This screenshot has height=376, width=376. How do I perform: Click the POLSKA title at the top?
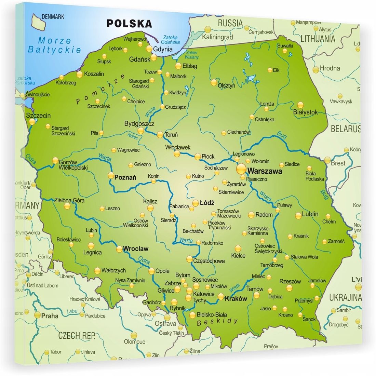point(129,23)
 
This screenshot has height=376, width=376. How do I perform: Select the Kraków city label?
point(236,298)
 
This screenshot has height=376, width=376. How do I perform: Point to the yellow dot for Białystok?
point(300,105)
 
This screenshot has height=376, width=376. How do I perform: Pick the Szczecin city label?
point(38,116)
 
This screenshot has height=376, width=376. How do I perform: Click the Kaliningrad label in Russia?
point(217,37)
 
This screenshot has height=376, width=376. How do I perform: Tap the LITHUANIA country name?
point(318,39)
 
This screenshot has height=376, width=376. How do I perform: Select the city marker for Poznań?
point(111,175)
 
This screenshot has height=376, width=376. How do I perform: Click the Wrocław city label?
point(136,249)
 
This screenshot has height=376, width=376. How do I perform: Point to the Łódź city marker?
point(195,203)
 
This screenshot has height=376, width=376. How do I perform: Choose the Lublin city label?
point(310,214)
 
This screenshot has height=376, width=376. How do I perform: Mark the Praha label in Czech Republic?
point(50,316)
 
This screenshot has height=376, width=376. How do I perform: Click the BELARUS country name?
point(345,129)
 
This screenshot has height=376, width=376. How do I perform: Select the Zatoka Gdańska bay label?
point(171,40)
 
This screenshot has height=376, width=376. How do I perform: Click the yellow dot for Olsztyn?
point(214,82)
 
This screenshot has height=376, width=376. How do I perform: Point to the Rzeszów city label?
point(290,281)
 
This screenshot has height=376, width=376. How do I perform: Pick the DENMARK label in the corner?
point(53,16)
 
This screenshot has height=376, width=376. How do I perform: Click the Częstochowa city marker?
point(189,259)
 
